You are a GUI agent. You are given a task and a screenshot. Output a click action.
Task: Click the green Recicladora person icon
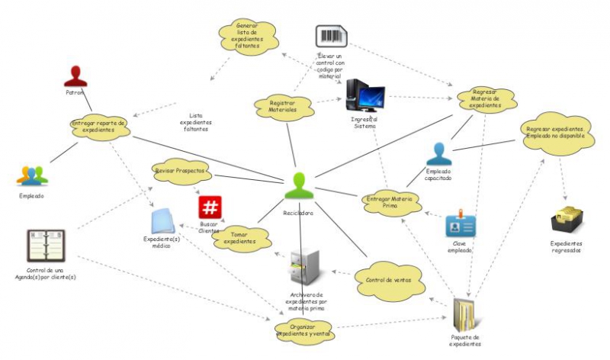pyautogui.click(x=300, y=188)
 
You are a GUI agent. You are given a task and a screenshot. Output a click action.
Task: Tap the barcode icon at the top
pyautogui.click(x=332, y=37)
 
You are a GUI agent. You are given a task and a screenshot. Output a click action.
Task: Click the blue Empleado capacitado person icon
pyautogui.click(x=439, y=153)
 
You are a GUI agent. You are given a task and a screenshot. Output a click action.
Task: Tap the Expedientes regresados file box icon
pyautogui.click(x=567, y=221)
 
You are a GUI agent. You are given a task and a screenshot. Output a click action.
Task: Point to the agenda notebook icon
pyautogui.click(x=46, y=246)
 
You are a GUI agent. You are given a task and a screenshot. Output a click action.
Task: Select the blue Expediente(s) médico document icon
pyautogui.click(x=164, y=220)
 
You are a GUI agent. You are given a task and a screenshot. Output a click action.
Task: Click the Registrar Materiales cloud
pyautogui.click(x=283, y=106)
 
